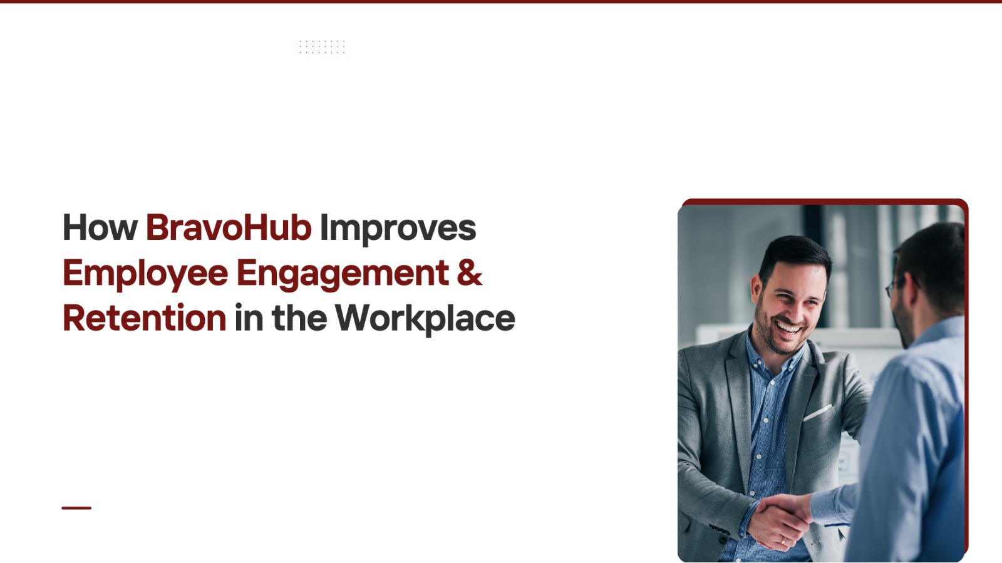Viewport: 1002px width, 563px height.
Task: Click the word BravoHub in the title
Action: pos(229,227)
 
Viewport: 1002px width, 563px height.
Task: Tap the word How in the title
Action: pos(100,227)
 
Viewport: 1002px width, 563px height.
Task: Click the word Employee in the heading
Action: pos(145,274)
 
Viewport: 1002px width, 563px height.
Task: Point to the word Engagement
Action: pos(343,274)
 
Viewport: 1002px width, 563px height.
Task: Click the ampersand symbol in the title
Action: pos(470,272)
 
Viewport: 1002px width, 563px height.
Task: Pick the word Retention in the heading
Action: pos(145,318)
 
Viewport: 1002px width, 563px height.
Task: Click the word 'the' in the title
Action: pos(299,318)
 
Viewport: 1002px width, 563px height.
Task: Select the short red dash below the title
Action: pos(76,508)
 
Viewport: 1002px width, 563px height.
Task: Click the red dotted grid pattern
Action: pos(322,46)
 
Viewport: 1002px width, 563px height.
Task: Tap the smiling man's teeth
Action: pos(788,328)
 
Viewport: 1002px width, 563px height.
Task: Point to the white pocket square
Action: pos(818,413)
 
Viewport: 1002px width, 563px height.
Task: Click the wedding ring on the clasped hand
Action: pos(783,540)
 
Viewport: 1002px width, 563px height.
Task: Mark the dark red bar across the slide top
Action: pos(501,1)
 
